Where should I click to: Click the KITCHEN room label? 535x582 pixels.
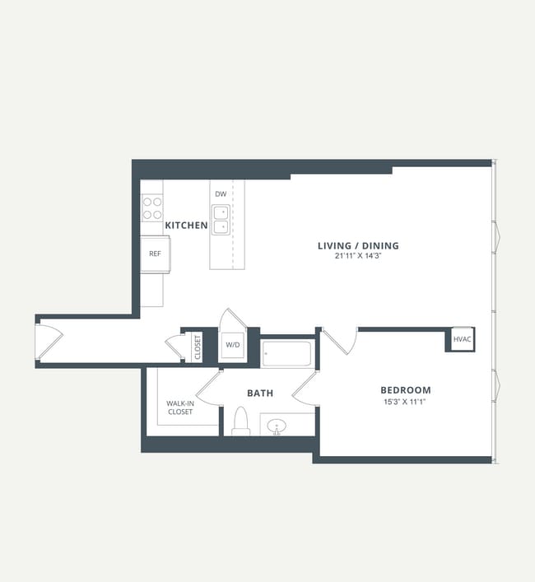pyautogui.click(x=186, y=225)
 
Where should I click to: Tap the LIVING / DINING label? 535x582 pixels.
pyautogui.click(x=358, y=245)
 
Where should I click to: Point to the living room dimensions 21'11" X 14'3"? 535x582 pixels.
pyautogui.click(x=358, y=256)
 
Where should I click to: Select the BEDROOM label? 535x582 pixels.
pyautogui.click(x=405, y=390)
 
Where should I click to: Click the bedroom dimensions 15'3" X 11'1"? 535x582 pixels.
pyautogui.click(x=405, y=402)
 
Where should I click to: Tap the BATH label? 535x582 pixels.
pyautogui.click(x=259, y=393)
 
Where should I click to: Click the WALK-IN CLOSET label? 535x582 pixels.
pyautogui.click(x=179, y=407)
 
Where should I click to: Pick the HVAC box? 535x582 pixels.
pyautogui.click(x=463, y=339)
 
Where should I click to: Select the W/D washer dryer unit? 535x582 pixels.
pyautogui.click(x=233, y=345)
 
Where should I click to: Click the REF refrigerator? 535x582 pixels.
pyautogui.click(x=155, y=254)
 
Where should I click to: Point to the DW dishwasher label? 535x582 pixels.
pyautogui.click(x=220, y=194)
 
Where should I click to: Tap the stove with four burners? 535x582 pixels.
pyautogui.click(x=151, y=207)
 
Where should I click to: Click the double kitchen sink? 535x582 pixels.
pyautogui.click(x=221, y=219)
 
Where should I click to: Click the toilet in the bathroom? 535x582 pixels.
pyautogui.click(x=241, y=421)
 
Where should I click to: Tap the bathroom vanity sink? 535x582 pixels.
pyautogui.click(x=277, y=426)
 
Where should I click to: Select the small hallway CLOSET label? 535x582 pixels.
pyautogui.click(x=198, y=347)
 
